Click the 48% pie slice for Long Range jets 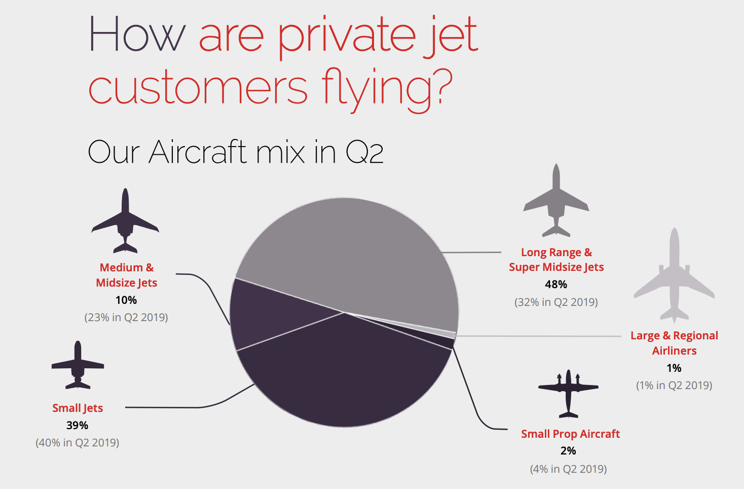click(355, 254)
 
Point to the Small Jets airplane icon click(78, 365)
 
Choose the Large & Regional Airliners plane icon click(674, 276)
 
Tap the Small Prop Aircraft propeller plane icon click(568, 394)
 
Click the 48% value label click(556, 285)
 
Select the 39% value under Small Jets click(78, 426)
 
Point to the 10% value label click(126, 300)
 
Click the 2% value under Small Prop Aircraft click(568, 451)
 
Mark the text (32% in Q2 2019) click(556, 302)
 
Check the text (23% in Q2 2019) click(126, 318)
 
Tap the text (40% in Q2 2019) click(78, 443)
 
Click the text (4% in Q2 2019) click(568, 469)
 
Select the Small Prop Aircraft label click(570, 434)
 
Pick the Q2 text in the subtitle click(364, 152)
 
